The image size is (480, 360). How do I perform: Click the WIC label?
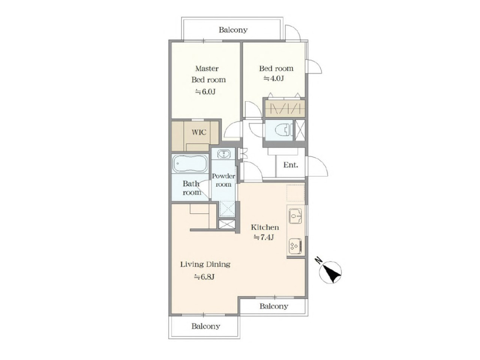tap(199, 132)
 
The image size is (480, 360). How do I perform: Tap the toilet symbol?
tap(283, 130)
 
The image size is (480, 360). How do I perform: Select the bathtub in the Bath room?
tap(190, 164)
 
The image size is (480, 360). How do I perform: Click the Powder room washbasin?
tap(223, 154)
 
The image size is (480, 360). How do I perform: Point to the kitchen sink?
tap(295, 216)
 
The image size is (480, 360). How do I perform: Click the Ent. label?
tap(291, 165)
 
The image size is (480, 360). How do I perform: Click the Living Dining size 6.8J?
tap(204, 277)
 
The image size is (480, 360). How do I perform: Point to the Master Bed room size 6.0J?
tap(206, 92)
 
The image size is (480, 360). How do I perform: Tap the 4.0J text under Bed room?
tap(274, 79)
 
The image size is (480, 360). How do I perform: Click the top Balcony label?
tap(233, 30)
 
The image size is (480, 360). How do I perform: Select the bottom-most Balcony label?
tap(206, 326)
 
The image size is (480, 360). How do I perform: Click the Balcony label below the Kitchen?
tap(274, 306)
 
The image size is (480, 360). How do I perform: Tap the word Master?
tap(207, 68)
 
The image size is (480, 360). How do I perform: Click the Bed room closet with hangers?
tap(285, 108)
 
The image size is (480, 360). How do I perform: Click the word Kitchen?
tap(265, 227)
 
